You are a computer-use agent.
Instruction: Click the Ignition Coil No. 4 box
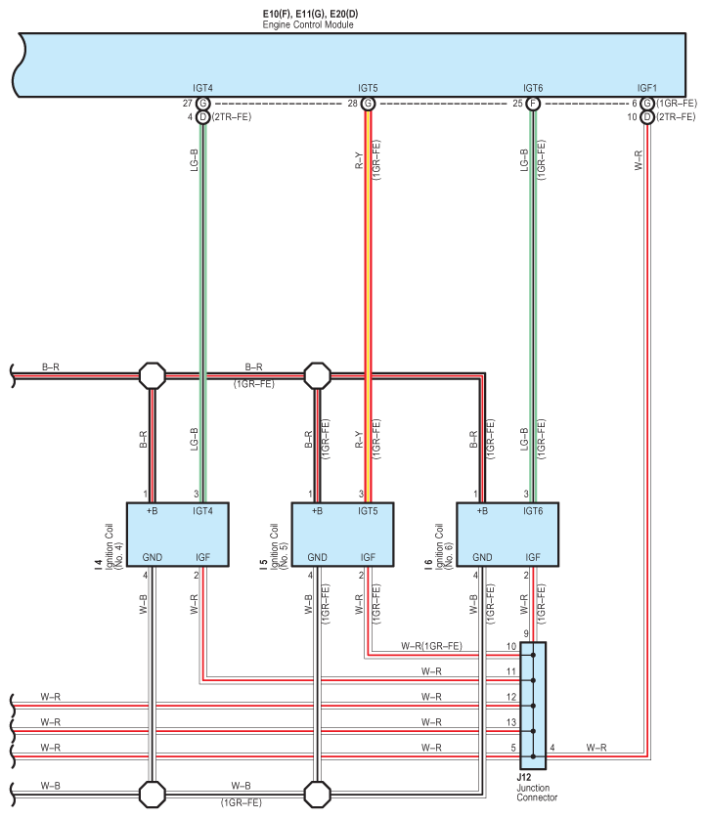(x=177, y=535)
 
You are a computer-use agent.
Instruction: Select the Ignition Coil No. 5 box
(x=342, y=535)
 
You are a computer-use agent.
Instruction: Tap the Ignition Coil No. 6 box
(x=507, y=535)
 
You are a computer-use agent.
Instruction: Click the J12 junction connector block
(x=533, y=706)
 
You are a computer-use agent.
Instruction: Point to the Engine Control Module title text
(x=308, y=24)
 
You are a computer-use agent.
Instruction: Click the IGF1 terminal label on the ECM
(x=647, y=88)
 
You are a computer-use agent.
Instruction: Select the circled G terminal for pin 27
(x=203, y=104)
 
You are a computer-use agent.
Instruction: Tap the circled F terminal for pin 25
(x=533, y=104)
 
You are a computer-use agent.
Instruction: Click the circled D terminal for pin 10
(x=647, y=117)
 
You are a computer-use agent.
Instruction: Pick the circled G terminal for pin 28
(x=368, y=104)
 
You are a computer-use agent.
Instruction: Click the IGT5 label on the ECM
(x=368, y=88)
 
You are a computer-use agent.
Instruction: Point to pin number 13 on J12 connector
(x=511, y=722)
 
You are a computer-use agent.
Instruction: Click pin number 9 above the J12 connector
(x=526, y=634)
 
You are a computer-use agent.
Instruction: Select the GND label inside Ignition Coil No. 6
(x=482, y=557)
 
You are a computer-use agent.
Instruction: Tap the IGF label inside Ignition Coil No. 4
(x=203, y=557)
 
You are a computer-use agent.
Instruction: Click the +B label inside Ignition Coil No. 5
(x=317, y=511)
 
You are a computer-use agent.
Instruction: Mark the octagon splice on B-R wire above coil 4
(x=153, y=375)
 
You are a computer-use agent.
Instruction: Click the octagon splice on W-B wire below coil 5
(x=317, y=794)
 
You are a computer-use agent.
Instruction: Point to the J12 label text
(x=524, y=777)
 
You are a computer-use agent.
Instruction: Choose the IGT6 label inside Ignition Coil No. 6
(x=533, y=511)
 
